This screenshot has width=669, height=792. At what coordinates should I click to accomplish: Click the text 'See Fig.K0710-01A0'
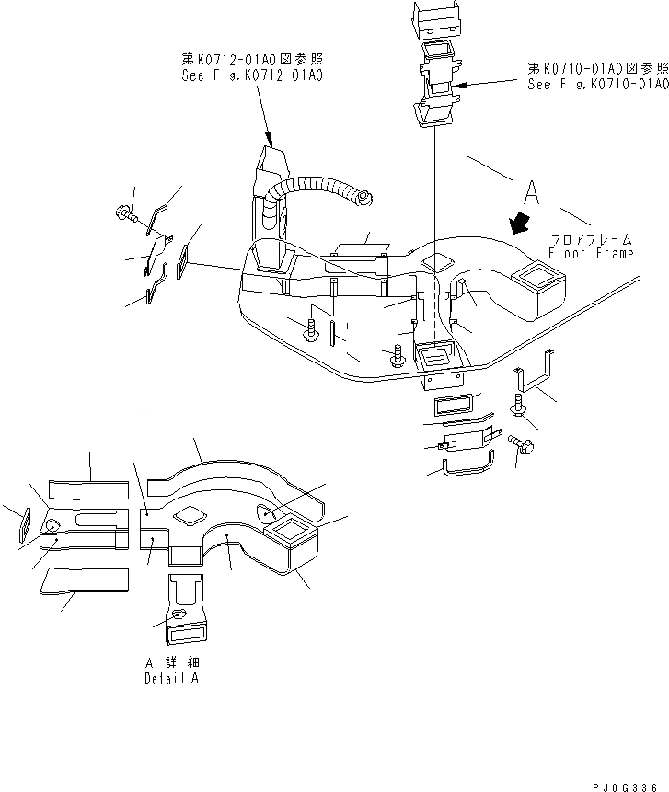[x=597, y=84]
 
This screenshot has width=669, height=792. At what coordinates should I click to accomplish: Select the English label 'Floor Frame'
[x=590, y=253]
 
